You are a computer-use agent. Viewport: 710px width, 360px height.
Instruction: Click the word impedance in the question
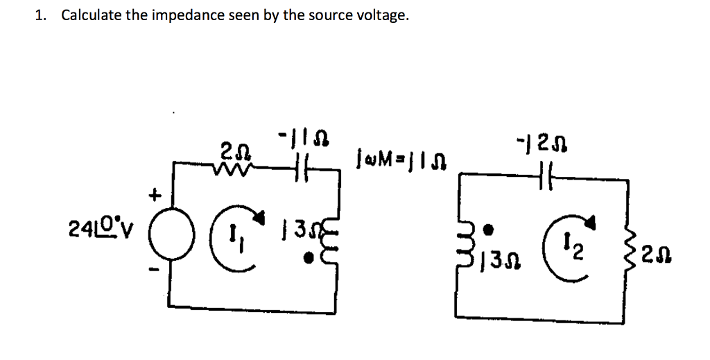187,15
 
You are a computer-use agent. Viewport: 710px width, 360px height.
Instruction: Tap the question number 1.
40,15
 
